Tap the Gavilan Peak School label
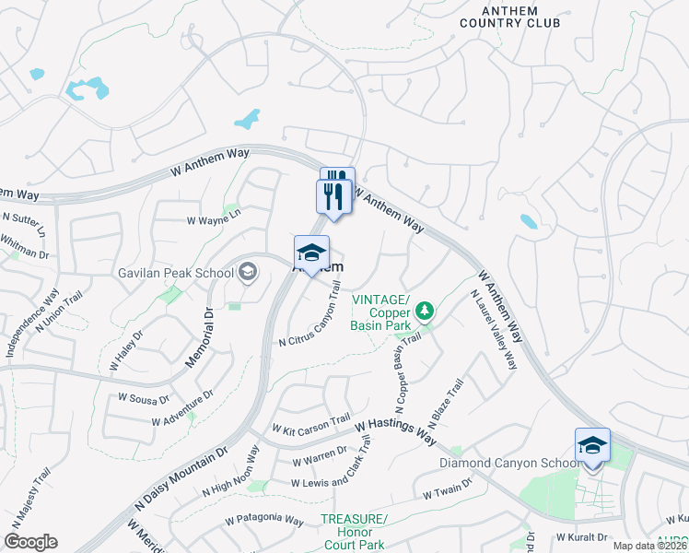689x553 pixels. [175, 273]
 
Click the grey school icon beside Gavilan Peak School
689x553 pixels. [247, 271]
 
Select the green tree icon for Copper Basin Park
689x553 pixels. [425, 311]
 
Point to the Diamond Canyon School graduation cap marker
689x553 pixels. [592, 446]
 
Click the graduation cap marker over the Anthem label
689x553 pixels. [312, 253]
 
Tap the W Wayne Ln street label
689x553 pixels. [214, 221]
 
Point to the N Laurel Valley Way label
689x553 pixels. [494, 330]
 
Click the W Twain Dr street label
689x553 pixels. [448, 488]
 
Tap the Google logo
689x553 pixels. [31, 542]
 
